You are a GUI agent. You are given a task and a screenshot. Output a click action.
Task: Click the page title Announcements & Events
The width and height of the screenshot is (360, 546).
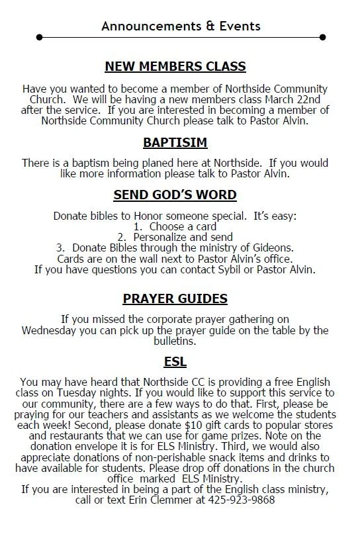point(181,26)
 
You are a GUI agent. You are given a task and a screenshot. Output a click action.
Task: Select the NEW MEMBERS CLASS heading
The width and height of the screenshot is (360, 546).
point(175,66)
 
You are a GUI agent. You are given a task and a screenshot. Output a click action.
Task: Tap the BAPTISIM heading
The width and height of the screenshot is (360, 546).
point(175,142)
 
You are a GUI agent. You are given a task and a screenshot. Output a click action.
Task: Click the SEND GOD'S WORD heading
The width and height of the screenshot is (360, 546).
point(175,195)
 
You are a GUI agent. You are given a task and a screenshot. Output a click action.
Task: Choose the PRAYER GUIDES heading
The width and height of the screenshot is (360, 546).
point(175,298)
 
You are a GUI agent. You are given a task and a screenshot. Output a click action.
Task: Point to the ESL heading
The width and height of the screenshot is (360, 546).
point(175,361)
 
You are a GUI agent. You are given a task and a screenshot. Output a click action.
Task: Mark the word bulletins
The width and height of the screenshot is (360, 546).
point(175,341)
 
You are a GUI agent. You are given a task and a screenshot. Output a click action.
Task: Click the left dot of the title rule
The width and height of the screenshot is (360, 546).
point(40,37)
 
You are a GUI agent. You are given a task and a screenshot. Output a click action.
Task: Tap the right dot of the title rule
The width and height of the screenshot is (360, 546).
point(323,37)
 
